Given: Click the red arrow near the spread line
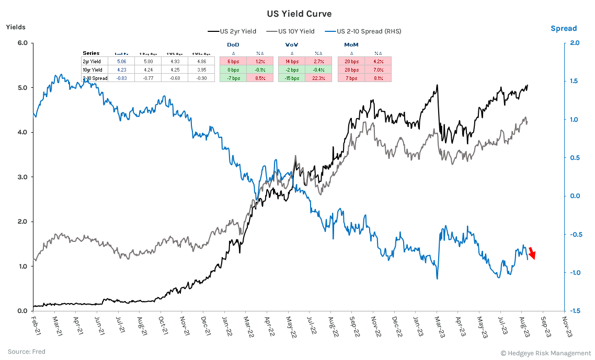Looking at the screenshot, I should (532, 253).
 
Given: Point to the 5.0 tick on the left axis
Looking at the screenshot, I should (22, 87).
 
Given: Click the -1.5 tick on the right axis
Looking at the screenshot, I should (574, 311).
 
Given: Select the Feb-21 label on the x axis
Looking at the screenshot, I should (33, 325).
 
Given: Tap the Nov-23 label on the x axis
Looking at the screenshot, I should (565, 325).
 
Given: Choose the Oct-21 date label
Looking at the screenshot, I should (162, 325).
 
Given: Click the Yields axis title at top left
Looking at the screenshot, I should (16, 27).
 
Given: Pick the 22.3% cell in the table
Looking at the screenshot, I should (317, 78).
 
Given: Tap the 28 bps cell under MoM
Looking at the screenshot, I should (351, 69).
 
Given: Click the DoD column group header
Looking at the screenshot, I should (233, 45).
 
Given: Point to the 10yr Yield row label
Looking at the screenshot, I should (93, 69).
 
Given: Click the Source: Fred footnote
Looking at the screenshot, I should (26, 352).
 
